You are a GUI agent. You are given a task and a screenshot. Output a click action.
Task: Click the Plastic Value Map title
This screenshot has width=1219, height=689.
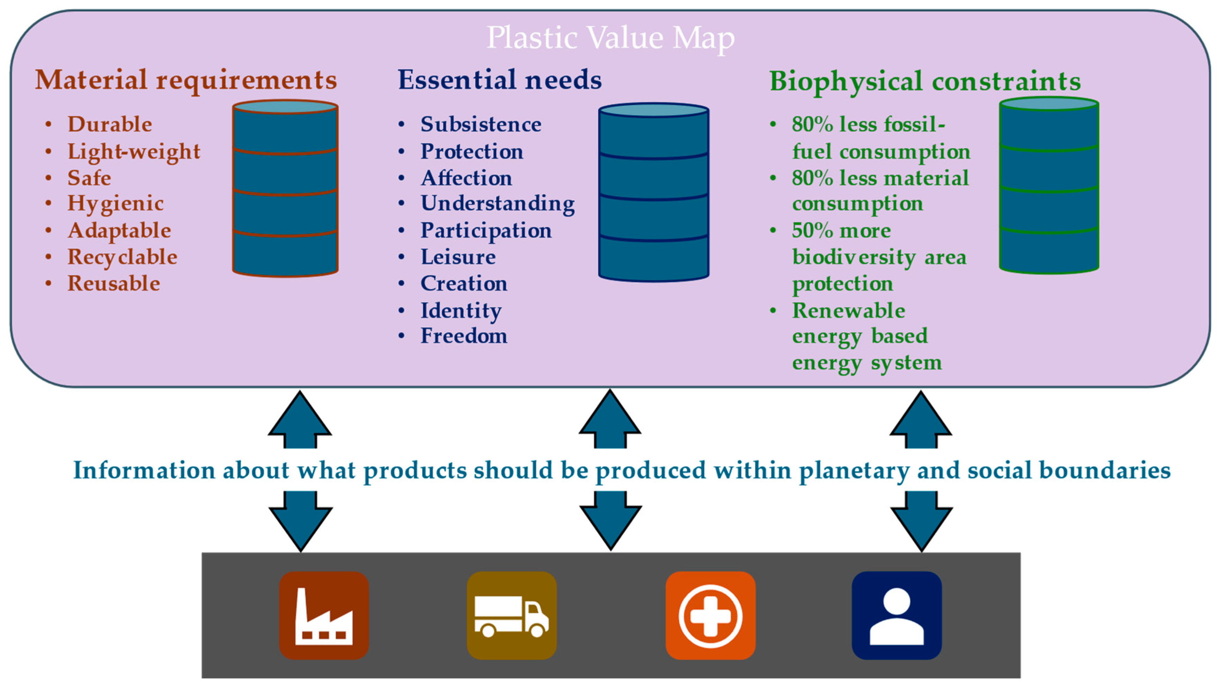tap(611, 38)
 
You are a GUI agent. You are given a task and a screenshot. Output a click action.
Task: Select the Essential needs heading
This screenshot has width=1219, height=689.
tap(500, 80)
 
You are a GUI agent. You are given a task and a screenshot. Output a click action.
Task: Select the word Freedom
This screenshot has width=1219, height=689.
tap(464, 336)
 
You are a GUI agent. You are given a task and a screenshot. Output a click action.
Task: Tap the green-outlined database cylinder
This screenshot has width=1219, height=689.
tap(1049, 186)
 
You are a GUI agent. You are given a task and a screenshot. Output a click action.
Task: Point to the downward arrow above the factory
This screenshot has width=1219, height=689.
tap(300, 521)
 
